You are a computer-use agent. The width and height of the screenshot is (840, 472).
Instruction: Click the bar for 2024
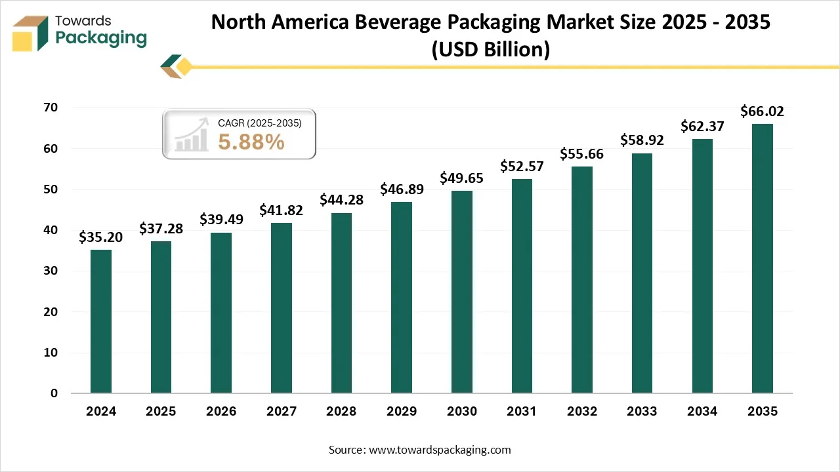pyautogui.click(x=101, y=321)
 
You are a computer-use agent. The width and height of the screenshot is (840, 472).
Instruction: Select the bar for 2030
pyautogui.click(x=461, y=292)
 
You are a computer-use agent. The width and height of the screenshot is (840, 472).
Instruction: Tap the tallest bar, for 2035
pyautogui.click(x=762, y=258)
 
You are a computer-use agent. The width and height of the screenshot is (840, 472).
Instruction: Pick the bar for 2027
pyautogui.click(x=282, y=308)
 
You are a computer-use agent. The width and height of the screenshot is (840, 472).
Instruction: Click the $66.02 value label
pyautogui.click(x=762, y=111)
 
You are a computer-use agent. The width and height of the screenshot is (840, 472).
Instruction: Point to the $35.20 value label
pyautogui.click(x=101, y=237)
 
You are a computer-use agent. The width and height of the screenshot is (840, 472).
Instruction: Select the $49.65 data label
pyautogui.click(x=461, y=178)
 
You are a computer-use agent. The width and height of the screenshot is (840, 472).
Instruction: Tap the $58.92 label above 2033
pyautogui.click(x=642, y=140)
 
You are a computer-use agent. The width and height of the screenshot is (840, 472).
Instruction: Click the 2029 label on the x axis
pyautogui.click(x=402, y=412)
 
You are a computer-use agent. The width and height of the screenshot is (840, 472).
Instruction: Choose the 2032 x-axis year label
pyautogui.click(x=581, y=412)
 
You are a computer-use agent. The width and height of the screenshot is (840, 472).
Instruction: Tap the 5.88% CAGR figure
pyautogui.click(x=251, y=142)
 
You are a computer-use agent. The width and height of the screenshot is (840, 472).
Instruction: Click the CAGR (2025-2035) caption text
pyautogui.click(x=259, y=123)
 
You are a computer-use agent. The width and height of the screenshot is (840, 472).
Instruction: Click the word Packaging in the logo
pyautogui.click(x=101, y=39)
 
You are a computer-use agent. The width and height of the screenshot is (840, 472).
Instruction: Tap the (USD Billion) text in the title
pyautogui.click(x=490, y=49)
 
